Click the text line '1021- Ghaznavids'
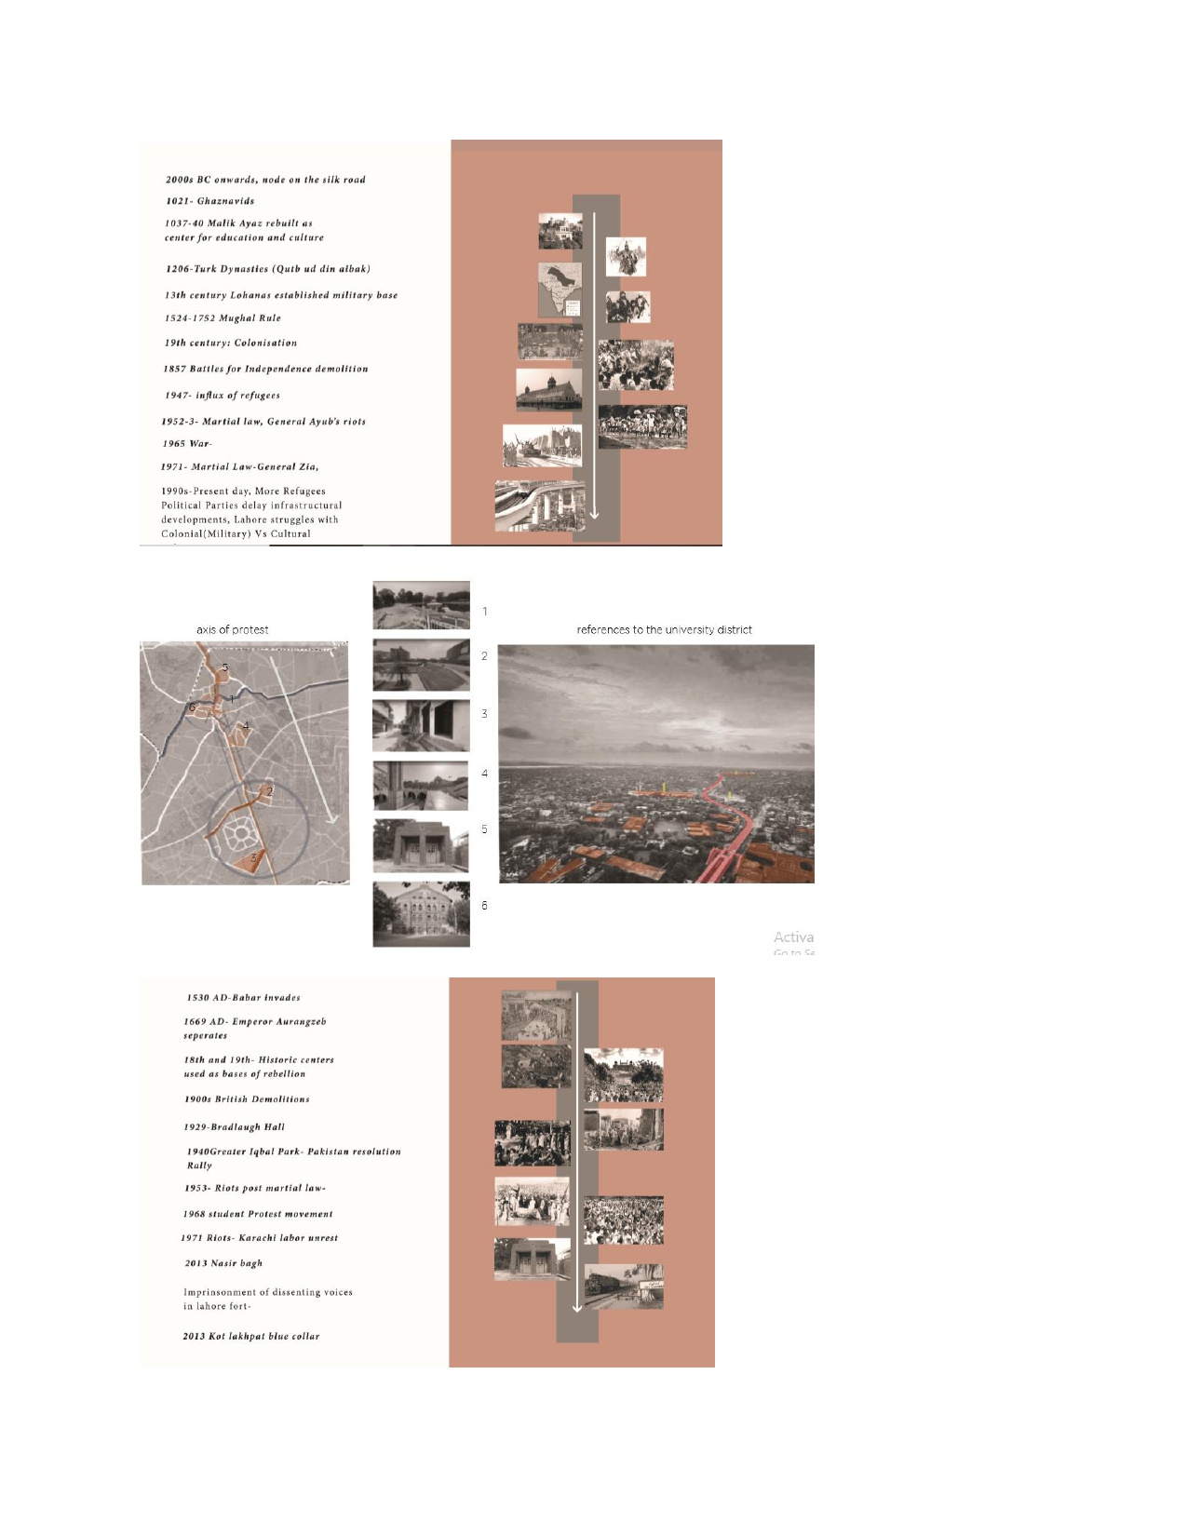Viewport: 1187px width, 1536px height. (209, 201)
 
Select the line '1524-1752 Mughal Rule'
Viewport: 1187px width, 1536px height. (223, 318)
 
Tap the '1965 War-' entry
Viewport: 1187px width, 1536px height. (187, 444)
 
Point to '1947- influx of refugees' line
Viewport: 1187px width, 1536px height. (223, 396)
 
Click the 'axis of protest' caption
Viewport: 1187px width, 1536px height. (232, 630)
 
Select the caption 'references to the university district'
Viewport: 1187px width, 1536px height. (664, 630)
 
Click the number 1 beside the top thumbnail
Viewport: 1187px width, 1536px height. (485, 612)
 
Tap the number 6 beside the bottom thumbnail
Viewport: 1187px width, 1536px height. (484, 906)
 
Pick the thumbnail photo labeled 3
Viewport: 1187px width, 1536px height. (421, 726)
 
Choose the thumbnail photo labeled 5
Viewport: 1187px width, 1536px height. (421, 845)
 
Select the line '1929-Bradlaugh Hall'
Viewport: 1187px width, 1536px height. (234, 1127)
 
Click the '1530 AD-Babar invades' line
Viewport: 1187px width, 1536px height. (243, 998)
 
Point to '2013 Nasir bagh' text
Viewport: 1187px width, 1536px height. (223, 1264)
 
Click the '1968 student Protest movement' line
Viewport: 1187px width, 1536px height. (258, 1215)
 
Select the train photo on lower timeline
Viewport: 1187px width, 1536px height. (624, 1287)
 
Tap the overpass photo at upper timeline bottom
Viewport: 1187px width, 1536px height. (540, 506)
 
